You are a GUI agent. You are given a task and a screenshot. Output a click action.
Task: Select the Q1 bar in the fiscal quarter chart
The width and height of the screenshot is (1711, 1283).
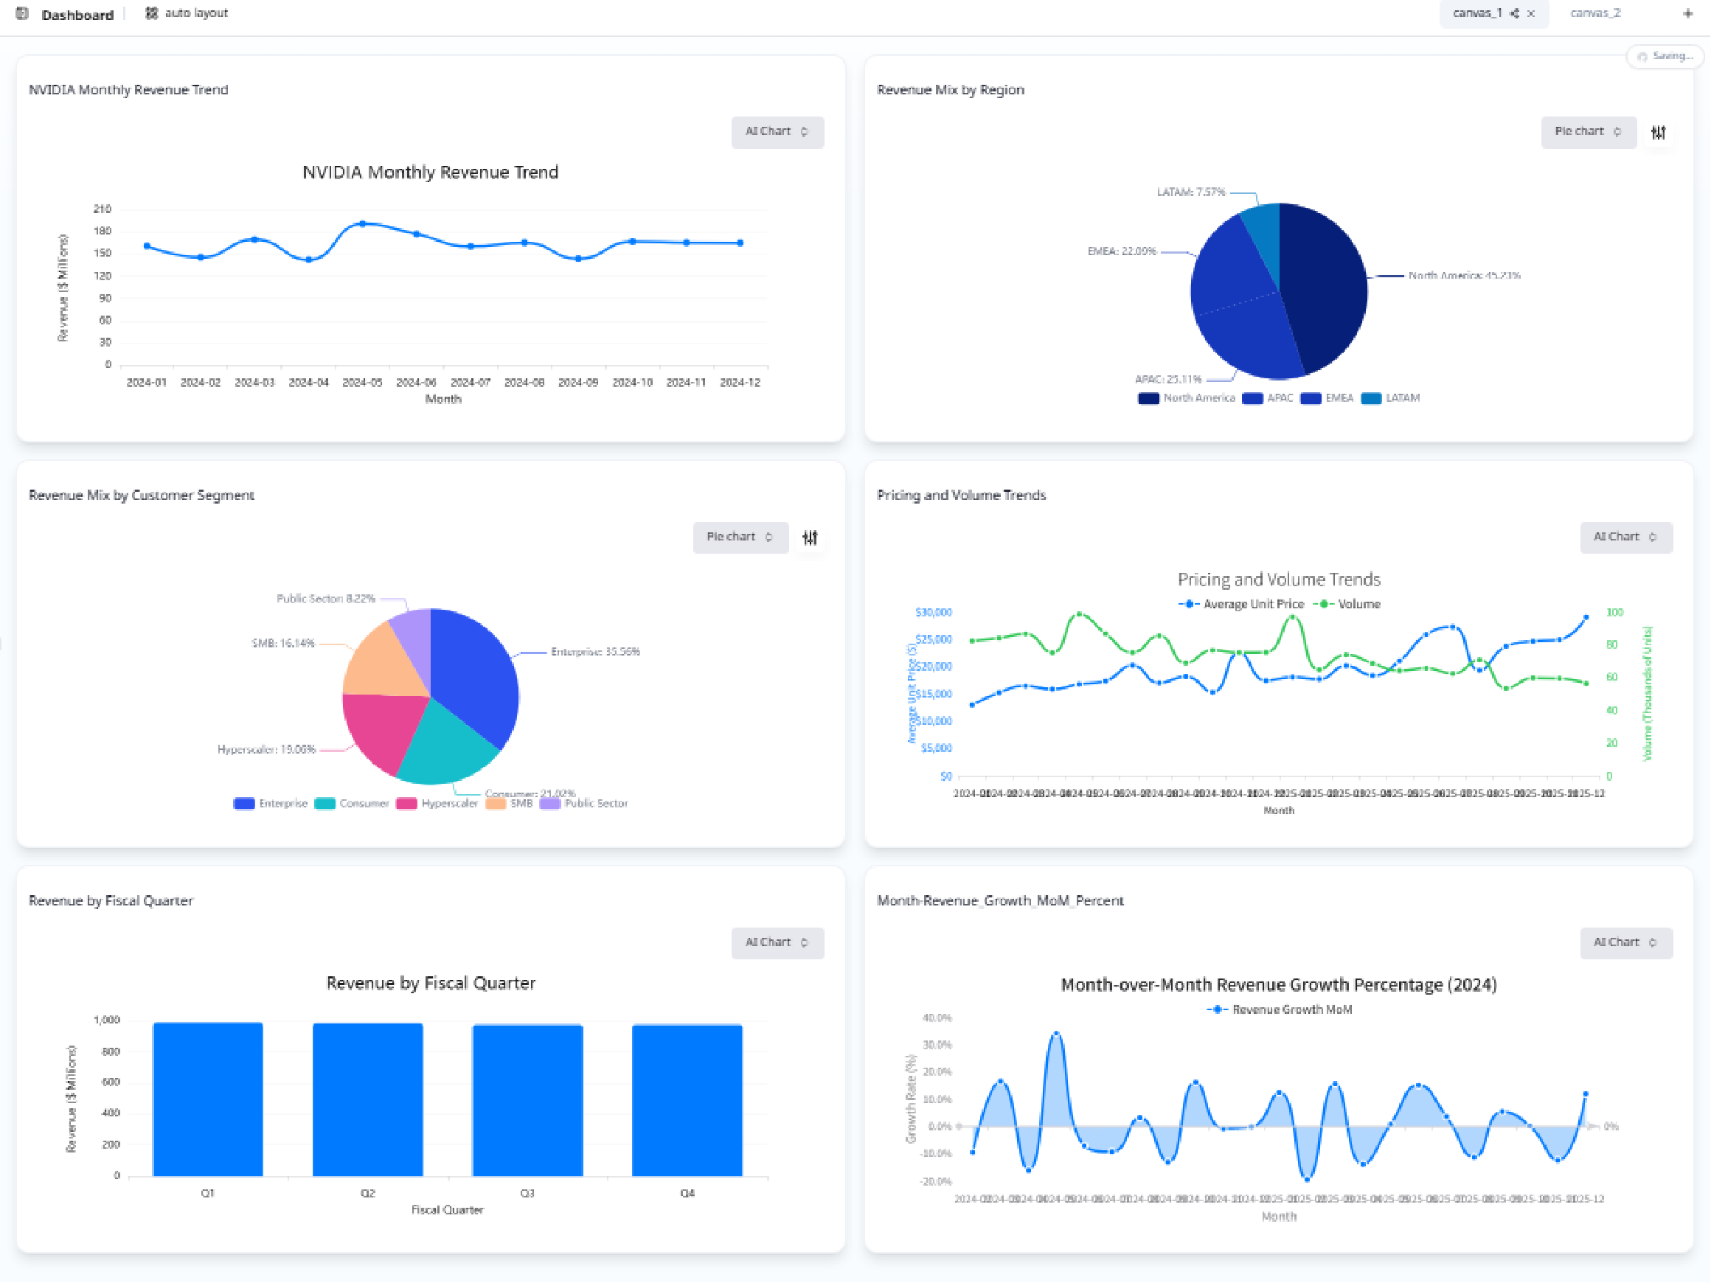[x=207, y=1099]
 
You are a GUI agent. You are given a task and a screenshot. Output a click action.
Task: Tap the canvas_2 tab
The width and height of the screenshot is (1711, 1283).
[x=1594, y=13]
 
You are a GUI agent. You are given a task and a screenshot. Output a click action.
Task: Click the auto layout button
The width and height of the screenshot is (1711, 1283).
[x=187, y=13]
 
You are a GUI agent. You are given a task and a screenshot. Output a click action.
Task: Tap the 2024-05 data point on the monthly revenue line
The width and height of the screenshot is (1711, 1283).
[x=363, y=223]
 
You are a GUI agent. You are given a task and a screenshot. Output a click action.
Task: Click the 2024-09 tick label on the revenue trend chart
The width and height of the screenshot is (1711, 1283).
[x=577, y=383]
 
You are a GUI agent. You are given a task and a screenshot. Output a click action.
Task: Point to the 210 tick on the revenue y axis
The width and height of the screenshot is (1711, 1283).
[x=102, y=209]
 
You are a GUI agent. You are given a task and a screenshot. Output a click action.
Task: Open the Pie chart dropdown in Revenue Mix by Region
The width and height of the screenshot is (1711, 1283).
[x=1587, y=132]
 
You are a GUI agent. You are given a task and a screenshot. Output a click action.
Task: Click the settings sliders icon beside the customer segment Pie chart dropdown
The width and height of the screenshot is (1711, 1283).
[x=810, y=538]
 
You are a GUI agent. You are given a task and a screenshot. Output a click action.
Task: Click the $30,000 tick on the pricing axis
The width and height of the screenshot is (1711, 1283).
[x=933, y=613]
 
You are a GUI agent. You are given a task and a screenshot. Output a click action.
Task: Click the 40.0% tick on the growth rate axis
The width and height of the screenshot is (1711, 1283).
[x=936, y=1018]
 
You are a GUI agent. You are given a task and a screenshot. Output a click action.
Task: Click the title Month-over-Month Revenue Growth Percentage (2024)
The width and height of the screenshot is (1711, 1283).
[x=1278, y=984]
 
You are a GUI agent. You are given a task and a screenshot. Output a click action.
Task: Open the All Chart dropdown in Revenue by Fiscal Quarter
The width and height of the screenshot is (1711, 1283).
[x=777, y=943]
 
